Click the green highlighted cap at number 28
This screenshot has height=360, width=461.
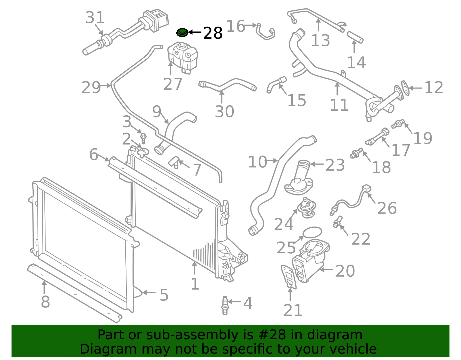(x=182, y=33)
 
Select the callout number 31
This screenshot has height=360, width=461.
(x=95, y=17)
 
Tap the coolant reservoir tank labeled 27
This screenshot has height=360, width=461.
(x=183, y=57)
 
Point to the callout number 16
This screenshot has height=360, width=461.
(x=236, y=26)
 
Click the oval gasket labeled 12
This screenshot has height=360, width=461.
(x=405, y=88)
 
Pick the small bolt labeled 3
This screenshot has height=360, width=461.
(x=143, y=138)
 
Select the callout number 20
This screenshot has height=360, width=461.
(x=345, y=271)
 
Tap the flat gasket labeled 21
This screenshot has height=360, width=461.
(x=288, y=277)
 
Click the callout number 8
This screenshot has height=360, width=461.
(x=45, y=301)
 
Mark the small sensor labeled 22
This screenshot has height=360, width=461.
(x=337, y=222)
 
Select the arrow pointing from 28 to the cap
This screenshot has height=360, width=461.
(x=195, y=32)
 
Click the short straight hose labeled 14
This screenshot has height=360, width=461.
(x=355, y=37)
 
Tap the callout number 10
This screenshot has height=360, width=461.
(x=258, y=162)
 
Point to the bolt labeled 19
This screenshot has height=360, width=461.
(x=398, y=124)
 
